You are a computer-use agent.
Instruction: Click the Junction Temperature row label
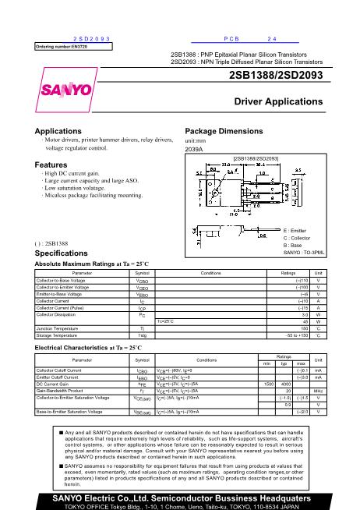(x=56, y=329)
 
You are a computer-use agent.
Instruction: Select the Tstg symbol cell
(x=142, y=336)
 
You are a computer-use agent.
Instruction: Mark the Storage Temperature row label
(x=57, y=336)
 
